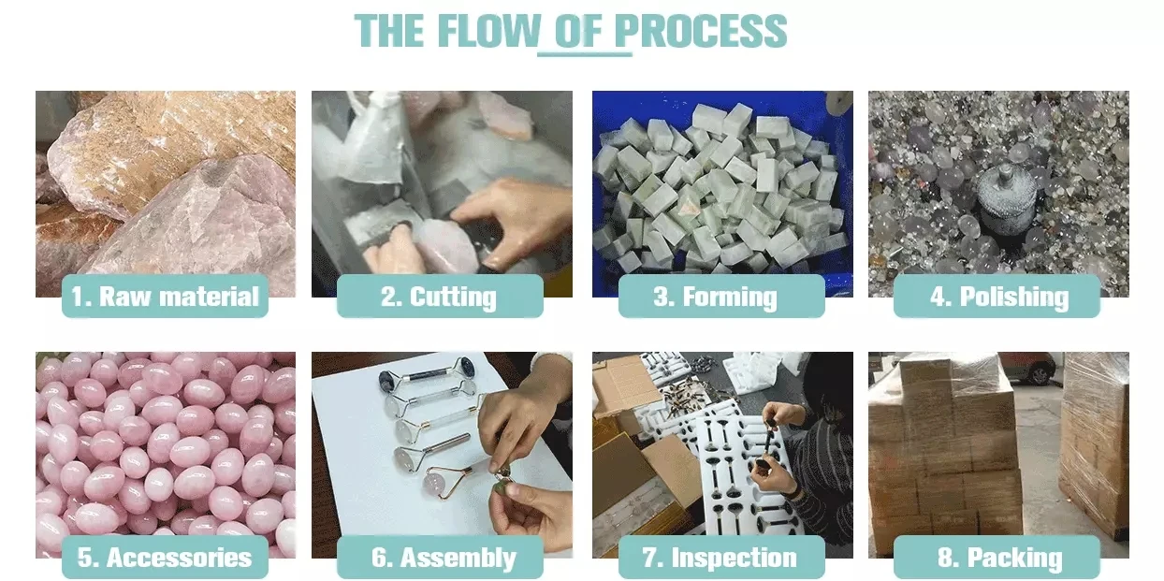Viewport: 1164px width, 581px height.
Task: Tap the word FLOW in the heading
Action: point(489,31)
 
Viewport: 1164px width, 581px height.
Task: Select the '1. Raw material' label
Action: point(165,296)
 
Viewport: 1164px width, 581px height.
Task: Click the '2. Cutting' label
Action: point(440,296)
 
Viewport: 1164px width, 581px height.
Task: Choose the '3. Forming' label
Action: point(721,296)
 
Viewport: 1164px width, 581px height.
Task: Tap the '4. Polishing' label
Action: point(997,296)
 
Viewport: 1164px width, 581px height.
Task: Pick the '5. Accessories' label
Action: point(165,557)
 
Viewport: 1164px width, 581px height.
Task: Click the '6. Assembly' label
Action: point(440,557)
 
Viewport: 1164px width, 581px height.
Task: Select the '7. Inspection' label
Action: point(721,557)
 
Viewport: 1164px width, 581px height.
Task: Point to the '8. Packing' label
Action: point(997,557)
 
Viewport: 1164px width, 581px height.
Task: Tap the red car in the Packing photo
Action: point(1030,368)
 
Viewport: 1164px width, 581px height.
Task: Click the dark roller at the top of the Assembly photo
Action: point(426,375)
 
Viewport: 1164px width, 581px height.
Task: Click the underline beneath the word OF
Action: point(585,53)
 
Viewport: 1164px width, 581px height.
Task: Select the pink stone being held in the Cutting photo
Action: point(445,244)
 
